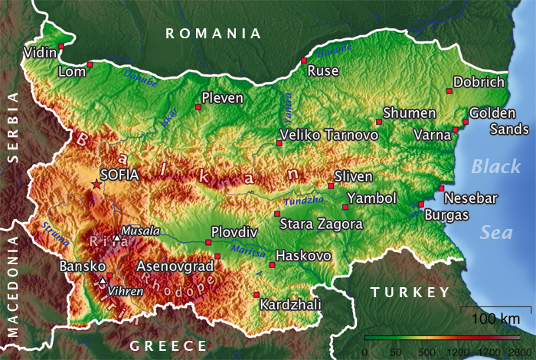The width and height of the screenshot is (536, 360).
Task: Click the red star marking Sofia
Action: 96,184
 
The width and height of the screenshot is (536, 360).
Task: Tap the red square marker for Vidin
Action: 61,46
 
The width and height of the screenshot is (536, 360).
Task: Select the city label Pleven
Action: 222,98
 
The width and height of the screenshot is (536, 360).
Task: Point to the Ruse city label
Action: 322,71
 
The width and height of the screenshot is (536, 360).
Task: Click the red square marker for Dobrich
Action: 450,90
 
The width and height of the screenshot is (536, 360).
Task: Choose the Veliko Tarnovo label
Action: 329,135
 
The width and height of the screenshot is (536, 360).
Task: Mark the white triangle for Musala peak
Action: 116,238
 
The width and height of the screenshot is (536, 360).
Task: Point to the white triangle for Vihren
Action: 103,281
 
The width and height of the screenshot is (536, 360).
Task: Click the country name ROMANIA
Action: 214,33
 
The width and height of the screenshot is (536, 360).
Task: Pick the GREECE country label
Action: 168,345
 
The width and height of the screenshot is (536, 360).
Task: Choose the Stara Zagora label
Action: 321,224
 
